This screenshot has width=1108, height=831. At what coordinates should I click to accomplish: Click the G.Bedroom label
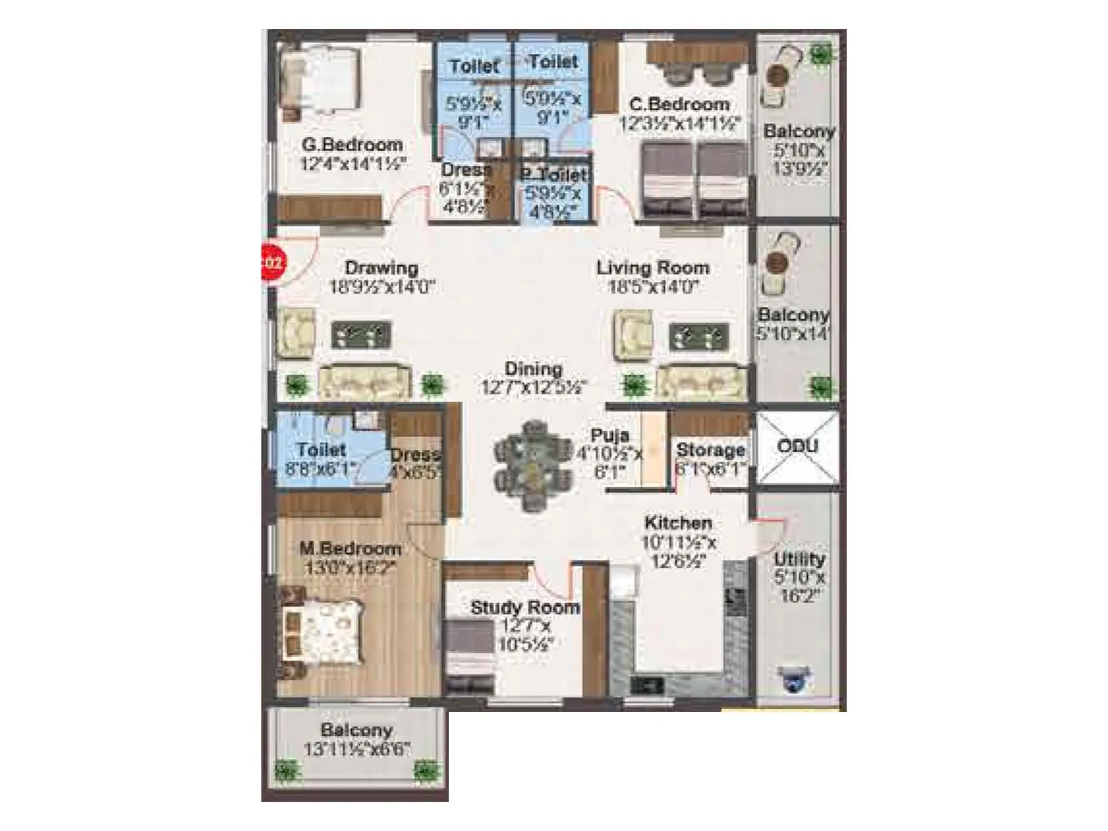point(352,145)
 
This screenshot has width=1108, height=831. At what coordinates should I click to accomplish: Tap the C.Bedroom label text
point(679,105)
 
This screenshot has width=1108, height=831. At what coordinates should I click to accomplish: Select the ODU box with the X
point(797,447)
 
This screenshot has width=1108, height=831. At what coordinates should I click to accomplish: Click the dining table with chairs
point(533,466)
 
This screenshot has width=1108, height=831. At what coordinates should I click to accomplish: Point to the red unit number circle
point(271,263)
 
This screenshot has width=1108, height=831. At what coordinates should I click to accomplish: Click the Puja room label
point(609,436)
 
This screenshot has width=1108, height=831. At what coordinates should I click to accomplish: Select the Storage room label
point(711,449)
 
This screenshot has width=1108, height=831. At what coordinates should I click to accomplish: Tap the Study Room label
point(525,608)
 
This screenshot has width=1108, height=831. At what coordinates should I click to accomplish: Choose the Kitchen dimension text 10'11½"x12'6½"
point(679,552)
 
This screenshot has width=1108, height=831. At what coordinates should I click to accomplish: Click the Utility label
point(799,558)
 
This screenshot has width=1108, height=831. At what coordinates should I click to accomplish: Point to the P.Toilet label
point(554,175)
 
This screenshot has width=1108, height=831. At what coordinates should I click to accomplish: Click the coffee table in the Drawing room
point(361,335)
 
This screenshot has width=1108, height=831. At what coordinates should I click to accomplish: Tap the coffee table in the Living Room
point(699,337)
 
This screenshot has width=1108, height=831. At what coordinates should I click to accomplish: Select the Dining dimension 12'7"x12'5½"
point(533,387)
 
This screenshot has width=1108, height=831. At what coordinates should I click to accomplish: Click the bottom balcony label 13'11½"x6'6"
point(357,749)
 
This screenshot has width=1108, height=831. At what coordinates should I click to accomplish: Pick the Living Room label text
point(652,267)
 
